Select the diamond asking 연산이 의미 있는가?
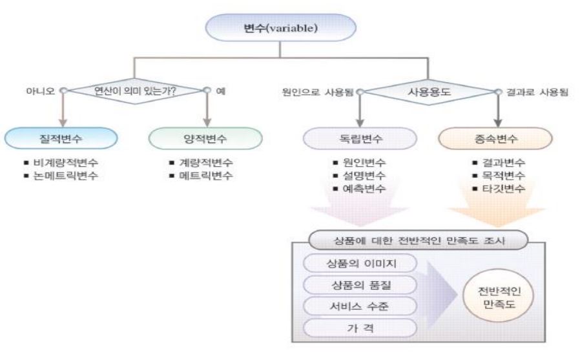click(x=135, y=92)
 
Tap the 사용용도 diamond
click(x=428, y=92)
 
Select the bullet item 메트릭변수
click(x=205, y=176)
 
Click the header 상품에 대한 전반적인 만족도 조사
click(x=419, y=240)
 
